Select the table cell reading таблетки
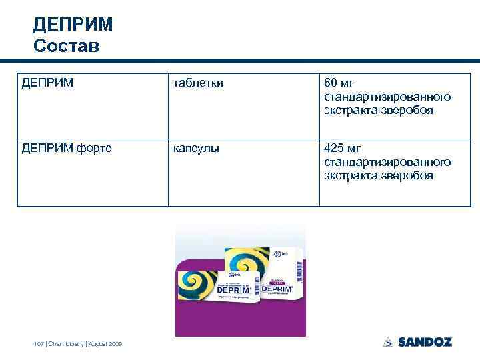coord(198,83)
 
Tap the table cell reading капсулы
coord(195,148)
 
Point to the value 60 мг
coord(339,83)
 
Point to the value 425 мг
coord(342,148)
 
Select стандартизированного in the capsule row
coord(387,162)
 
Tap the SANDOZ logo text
coord(425,342)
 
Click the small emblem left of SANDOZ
coord(388,342)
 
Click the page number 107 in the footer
coord(38,344)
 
